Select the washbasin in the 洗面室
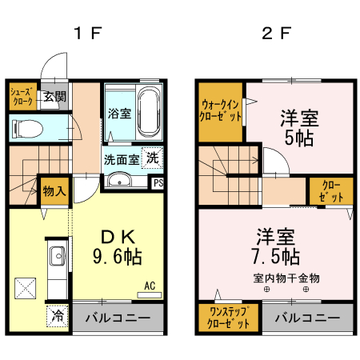pyautogui.click(x=118, y=179)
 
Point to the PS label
pyautogui.click(x=158, y=182)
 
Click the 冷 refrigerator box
pyautogui.click(x=57, y=315)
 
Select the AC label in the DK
pyautogui.click(x=150, y=285)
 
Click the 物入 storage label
pyautogui.click(x=54, y=192)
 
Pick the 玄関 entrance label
pyautogui.click(x=54, y=97)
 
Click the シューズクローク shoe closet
pyautogui.click(x=22, y=98)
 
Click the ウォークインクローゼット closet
pyautogui.click(x=221, y=110)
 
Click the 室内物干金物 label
pyautogui.click(x=286, y=278)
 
